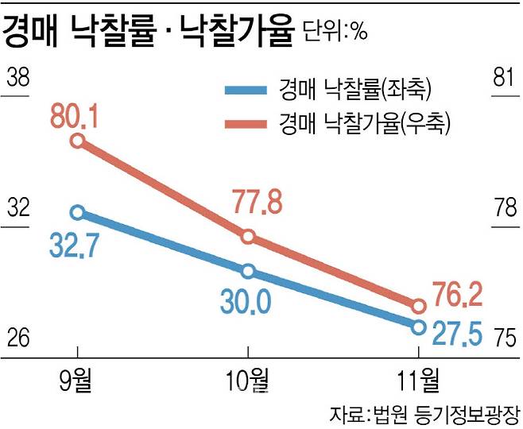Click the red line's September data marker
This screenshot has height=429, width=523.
(x=77, y=141)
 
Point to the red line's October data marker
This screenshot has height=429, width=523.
(x=248, y=237)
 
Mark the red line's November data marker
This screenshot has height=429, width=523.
(x=419, y=305)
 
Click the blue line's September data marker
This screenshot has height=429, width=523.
(x=77, y=212)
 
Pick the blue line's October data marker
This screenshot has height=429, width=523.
(x=248, y=272)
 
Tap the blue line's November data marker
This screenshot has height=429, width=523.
(x=419, y=326)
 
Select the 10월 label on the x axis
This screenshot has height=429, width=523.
(x=247, y=381)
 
